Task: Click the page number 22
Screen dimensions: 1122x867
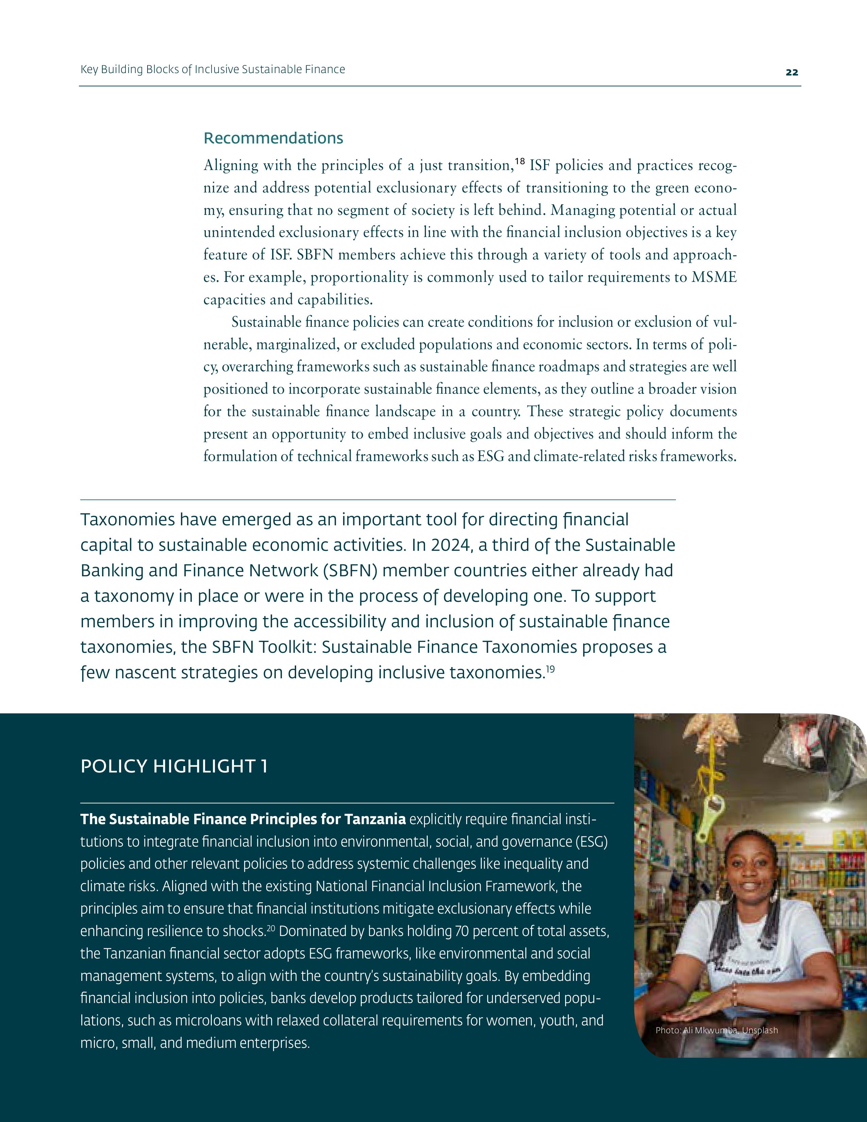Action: click(x=792, y=72)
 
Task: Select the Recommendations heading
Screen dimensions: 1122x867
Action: click(x=273, y=138)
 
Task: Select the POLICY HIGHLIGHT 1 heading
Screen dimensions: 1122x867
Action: click(x=174, y=766)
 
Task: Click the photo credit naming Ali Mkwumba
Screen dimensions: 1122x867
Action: click(x=716, y=1030)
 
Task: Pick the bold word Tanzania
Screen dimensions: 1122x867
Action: click(x=375, y=819)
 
